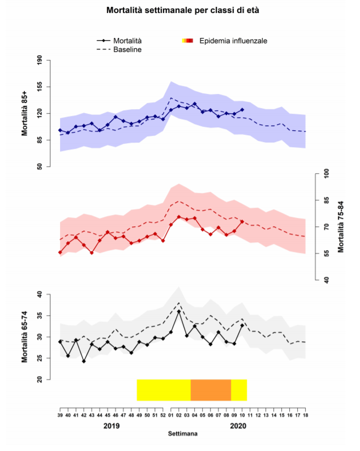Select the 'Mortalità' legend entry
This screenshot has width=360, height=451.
pos(127,41)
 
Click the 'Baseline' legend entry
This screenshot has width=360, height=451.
pos(127,50)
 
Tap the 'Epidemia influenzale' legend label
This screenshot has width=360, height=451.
pos(233,41)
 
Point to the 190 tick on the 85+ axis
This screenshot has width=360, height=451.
pos(40,60)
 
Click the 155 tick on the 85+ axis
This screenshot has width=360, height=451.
pos(40,87)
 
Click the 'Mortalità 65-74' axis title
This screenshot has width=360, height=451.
pos(25,337)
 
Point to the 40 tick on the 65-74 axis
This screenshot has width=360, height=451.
pos(39,294)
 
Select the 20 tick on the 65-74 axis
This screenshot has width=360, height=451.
pos(39,380)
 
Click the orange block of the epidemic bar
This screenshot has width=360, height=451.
pos(211,390)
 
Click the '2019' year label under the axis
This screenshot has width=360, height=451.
pos(112,426)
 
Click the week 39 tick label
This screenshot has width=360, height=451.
pos(60,415)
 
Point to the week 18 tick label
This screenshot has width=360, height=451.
pos(306,415)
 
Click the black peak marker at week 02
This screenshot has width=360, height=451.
pos(179,312)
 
